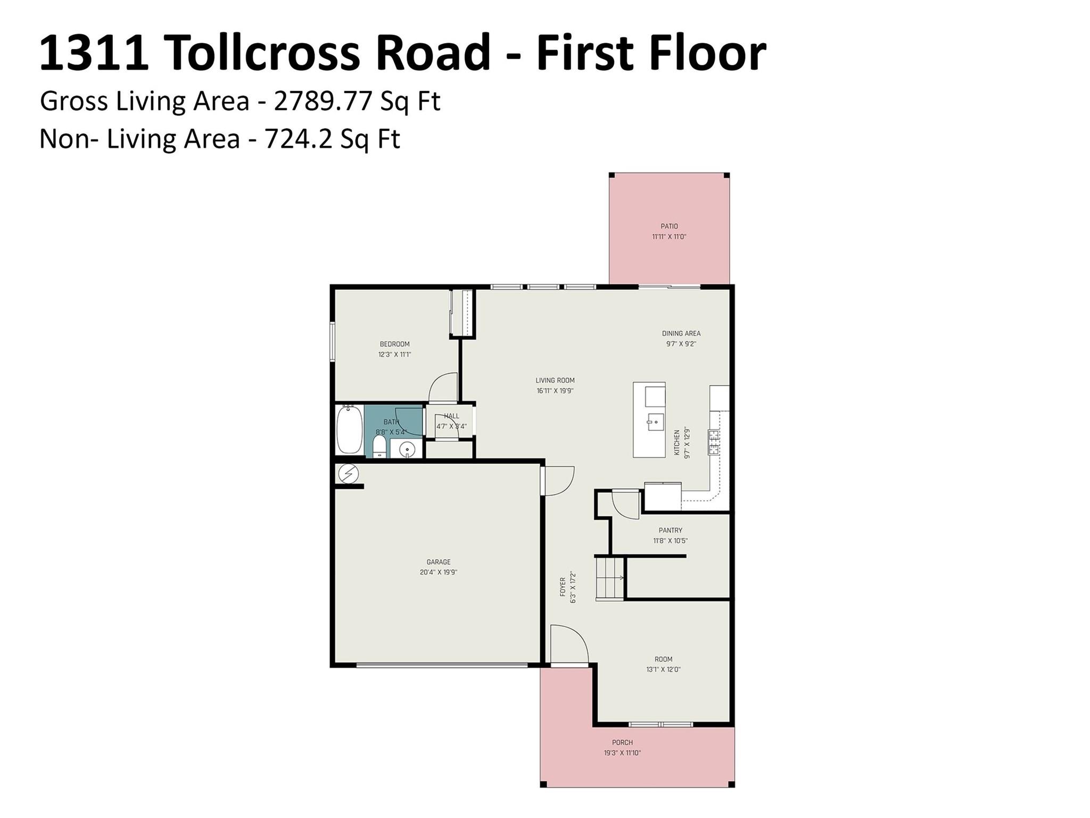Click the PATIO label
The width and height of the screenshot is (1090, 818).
point(669,226)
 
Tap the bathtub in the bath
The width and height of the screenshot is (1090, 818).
point(349,430)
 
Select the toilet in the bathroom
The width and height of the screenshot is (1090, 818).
point(379,446)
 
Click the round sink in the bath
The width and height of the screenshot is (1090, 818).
point(407,449)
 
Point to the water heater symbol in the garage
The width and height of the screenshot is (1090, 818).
point(349,473)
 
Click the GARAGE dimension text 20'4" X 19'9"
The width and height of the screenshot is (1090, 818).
point(438,572)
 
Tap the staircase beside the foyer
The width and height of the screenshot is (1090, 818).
point(610,578)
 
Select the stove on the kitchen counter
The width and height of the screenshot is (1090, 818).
point(713,442)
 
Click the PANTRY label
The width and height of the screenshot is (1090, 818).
point(670,530)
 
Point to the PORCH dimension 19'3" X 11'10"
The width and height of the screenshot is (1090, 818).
point(622,753)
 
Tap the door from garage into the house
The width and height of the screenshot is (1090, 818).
point(558,481)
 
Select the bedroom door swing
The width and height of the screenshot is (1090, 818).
point(444,387)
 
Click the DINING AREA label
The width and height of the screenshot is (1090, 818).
point(681,333)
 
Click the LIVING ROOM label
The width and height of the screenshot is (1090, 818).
point(555,380)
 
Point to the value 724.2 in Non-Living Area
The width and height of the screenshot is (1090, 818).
point(298,140)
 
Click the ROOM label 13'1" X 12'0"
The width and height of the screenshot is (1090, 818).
point(663,659)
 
